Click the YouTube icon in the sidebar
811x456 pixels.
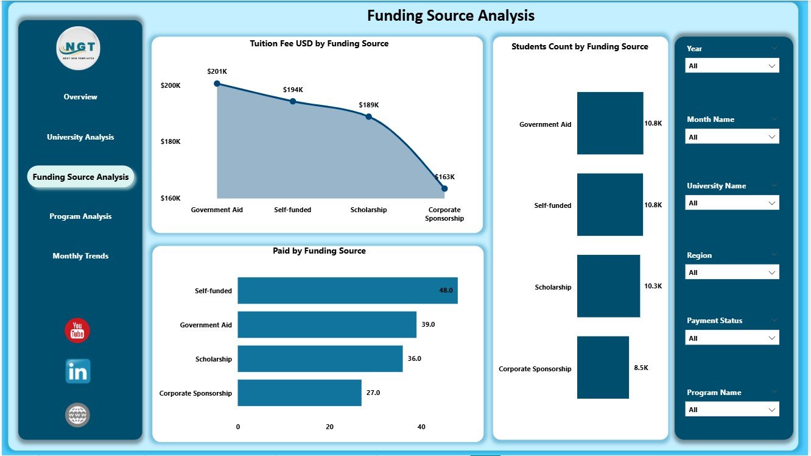(x=77, y=330)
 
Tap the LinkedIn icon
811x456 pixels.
(x=77, y=371)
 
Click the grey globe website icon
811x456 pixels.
(x=77, y=415)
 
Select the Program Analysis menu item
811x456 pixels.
(x=80, y=216)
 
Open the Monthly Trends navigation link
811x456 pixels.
(x=80, y=256)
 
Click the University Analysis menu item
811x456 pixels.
(x=80, y=137)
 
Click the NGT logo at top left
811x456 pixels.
(x=78, y=48)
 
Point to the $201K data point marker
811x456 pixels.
(x=217, y=84)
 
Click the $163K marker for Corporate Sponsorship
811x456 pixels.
(x=444, y=188)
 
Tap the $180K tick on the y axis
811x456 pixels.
(x=170, y=141)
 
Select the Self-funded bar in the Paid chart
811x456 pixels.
(x=347, y=291)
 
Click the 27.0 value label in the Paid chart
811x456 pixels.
(x=373, y=393)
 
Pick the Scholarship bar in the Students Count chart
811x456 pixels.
(x=608, y=286)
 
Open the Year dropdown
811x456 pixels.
(x=732, y=66)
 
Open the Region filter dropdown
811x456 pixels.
(x=732, y=273)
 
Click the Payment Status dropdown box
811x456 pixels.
(x=732, y=338)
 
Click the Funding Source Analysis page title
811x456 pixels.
(x=451, y=16)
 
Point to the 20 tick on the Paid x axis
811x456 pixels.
(x=329, y=427)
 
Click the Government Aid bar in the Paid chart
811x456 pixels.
(x=326, y=325)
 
